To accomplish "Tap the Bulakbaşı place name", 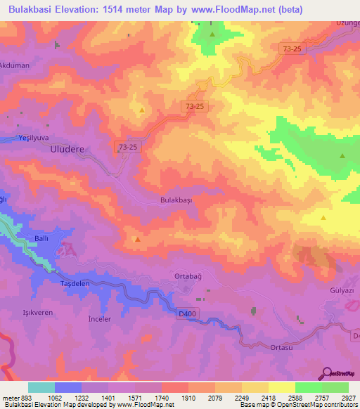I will tap(176, 200).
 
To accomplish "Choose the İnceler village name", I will tap(99, 319).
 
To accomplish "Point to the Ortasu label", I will tap(281, 347).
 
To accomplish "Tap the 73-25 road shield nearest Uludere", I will tap(128, 146).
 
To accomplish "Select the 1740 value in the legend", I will tap(162, 397).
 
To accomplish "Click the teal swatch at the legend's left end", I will tap(41, 387).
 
